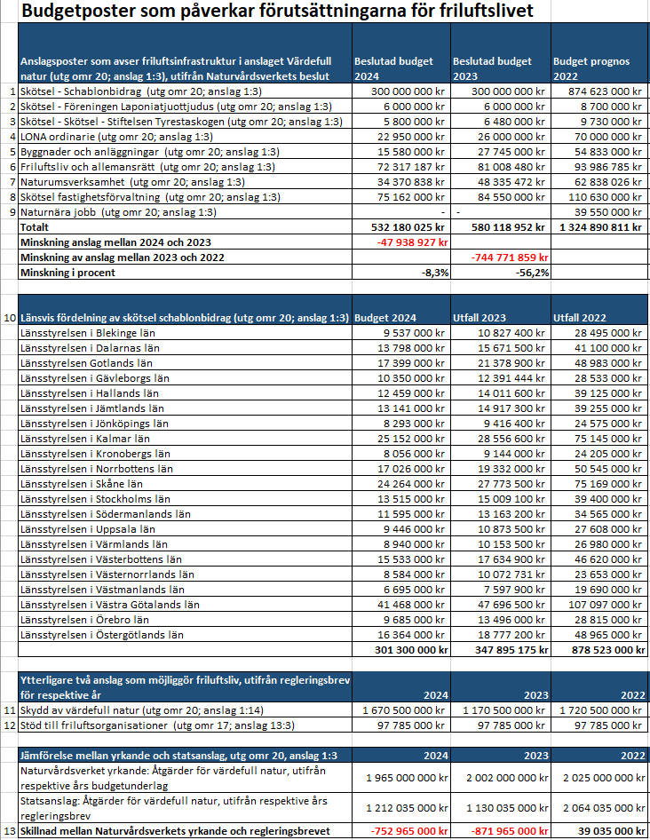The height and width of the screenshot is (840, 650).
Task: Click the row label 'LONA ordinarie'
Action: tap(61, 136)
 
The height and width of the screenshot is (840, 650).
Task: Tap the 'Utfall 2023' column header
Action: tap(480, 317)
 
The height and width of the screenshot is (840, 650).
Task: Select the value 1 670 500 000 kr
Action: tap(404, 710)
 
